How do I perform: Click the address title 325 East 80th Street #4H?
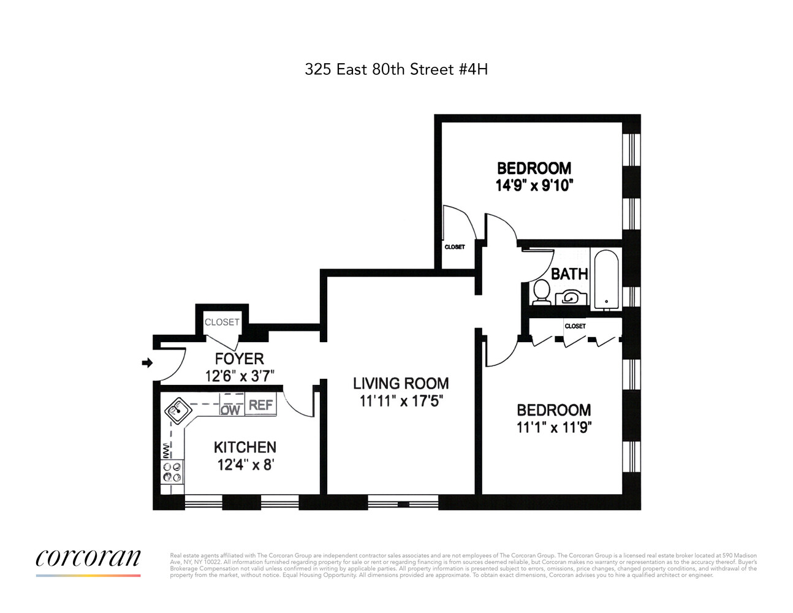(396, 69)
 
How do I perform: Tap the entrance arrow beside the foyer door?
(147, 363)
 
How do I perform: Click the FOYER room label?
(239, 359)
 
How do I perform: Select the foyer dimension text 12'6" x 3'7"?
(239, 376)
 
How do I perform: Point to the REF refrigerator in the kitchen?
(260, 405)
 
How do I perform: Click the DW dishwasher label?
(230, 409)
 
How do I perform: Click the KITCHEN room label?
(245, 447)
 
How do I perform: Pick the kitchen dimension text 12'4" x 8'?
(245, 465)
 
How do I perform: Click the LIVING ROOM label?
(401, 384)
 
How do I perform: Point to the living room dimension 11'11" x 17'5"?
(401, 401)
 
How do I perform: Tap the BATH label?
(569, 274)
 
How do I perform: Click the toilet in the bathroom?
(541, 291)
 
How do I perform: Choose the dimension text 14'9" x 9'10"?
(534, 185)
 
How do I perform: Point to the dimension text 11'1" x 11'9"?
(553, 427)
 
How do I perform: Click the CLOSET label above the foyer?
(222, 322)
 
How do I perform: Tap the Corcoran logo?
(88, 558)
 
